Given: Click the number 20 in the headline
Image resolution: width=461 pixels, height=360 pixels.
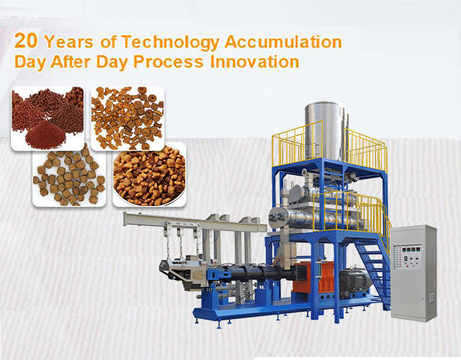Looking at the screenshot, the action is (26, 40).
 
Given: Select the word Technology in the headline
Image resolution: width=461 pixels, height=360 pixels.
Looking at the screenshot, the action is (171, 42).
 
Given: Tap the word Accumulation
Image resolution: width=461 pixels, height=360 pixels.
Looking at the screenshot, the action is (283, 42).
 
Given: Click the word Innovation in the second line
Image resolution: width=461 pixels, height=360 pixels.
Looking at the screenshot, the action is (254, 62).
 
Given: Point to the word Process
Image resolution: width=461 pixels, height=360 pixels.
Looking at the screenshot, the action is (168, 62).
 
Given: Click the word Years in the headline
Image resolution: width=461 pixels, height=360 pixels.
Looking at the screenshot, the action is (68, 42).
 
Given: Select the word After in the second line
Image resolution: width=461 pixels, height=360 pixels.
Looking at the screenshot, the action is (71, 62).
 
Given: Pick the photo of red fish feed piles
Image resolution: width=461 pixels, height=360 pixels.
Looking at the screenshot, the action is (48, 118).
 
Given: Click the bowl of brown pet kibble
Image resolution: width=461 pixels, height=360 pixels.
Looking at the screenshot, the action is (149, 174).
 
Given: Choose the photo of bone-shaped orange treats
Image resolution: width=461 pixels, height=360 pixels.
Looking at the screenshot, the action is (127, 118).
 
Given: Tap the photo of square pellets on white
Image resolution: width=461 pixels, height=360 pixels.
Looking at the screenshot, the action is (69, 174).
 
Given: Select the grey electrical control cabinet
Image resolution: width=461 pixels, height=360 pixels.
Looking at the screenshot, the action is (413, 273).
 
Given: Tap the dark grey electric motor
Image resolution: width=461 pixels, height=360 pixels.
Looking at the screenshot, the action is (354, 279).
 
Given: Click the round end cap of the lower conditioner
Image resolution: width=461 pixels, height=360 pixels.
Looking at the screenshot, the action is (278, 217).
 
